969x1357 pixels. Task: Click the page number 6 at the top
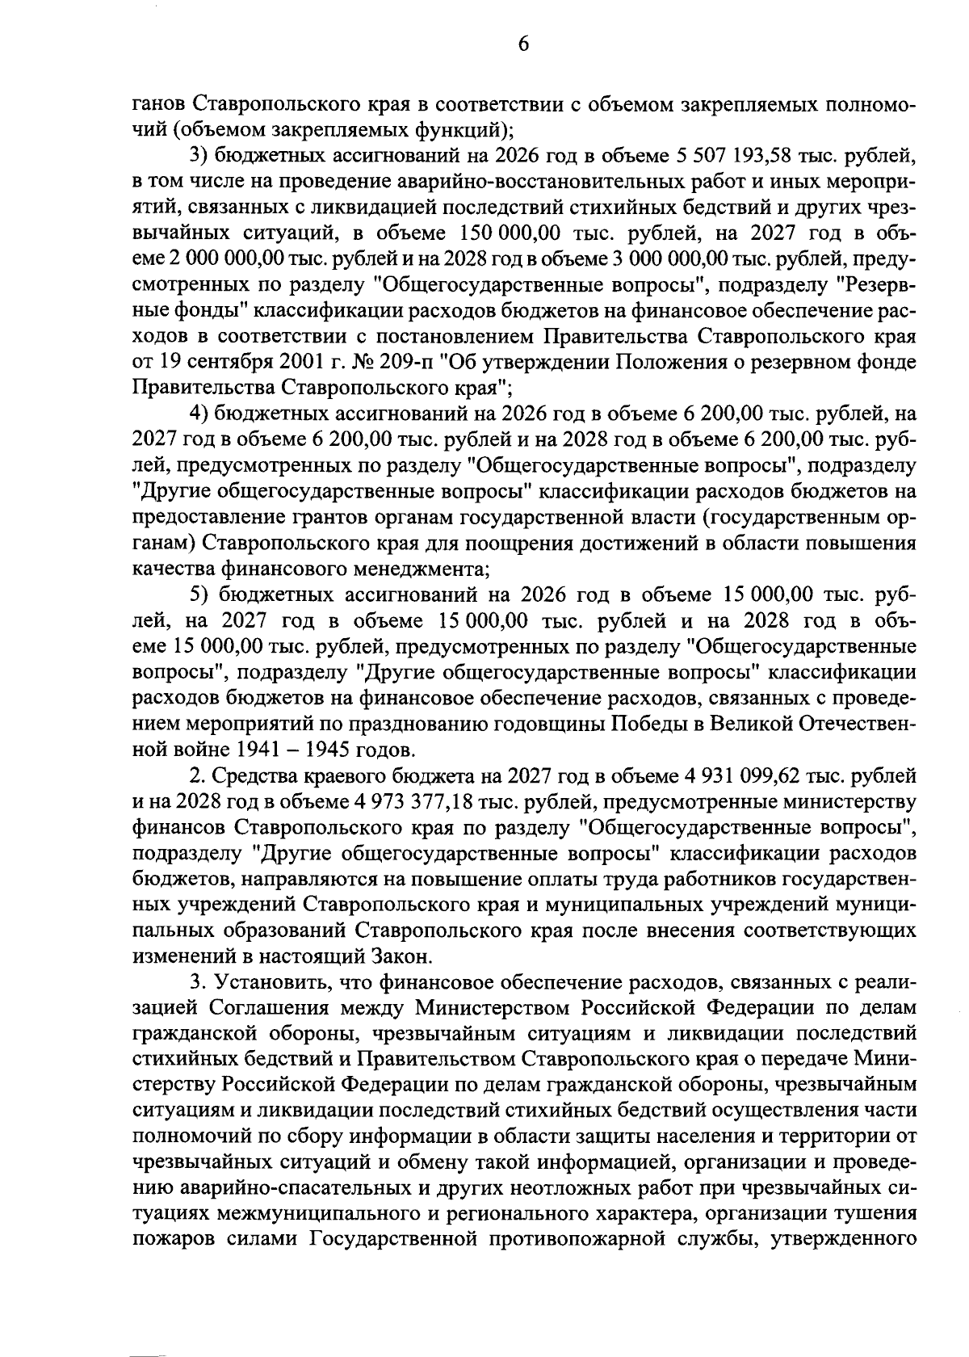point(523,45)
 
